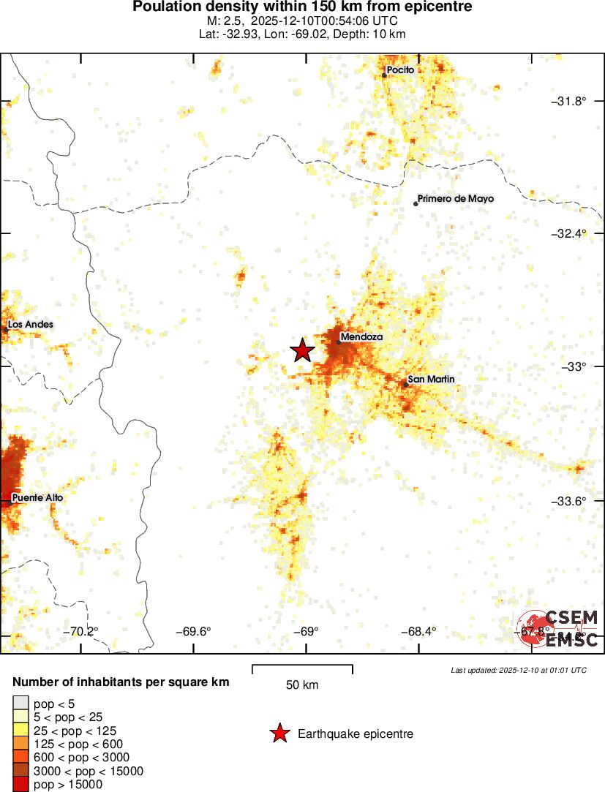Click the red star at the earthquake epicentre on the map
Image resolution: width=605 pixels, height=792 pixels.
pos(302,351)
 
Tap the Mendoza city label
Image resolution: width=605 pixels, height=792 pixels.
pos(362,337)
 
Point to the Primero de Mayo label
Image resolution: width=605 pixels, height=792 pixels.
pos(456,199)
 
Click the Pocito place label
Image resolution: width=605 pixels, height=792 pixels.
pos(400,70)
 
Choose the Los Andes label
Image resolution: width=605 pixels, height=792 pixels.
pos(31,325)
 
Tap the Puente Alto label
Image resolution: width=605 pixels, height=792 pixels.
pos(37,498)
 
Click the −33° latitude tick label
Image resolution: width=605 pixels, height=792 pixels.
pos(573,366)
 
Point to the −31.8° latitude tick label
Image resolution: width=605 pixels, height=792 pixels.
pos(568,101)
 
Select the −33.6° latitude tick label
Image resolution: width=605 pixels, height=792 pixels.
pos(568,501)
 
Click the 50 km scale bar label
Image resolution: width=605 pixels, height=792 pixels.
pos(302,685)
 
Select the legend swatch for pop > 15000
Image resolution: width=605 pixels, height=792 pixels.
pos(20,785)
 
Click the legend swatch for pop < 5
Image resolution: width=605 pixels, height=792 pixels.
pos(20,703)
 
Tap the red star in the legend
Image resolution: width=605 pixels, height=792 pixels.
pos(279,733)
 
